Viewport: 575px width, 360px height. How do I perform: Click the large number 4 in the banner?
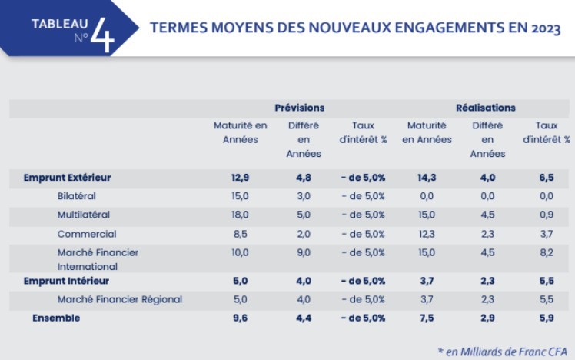103,35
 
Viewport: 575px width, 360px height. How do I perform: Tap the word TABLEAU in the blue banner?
60,24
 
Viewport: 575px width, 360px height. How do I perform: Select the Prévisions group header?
300,108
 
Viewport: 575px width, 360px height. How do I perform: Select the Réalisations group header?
486,108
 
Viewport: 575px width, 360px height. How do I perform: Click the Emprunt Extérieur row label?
67,178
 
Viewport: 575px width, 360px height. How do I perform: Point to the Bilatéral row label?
76,196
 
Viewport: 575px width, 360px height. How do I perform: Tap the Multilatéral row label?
84,215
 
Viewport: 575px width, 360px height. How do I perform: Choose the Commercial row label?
87,234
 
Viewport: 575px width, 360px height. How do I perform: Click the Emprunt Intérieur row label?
66,281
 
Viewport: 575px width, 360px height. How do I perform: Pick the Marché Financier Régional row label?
120,300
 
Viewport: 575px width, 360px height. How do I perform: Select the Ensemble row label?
56,318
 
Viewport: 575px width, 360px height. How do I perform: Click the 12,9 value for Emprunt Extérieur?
240,178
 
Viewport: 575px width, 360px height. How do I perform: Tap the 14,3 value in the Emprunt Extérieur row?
427,178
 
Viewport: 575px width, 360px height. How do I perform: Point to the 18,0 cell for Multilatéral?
240,215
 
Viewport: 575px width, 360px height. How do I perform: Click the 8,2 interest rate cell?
547,253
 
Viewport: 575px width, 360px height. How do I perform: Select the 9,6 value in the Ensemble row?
240,318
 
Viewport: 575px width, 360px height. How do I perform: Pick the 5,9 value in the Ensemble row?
547,318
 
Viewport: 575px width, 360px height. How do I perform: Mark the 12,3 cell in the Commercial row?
427,234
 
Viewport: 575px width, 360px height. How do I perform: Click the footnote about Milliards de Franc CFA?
503,352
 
